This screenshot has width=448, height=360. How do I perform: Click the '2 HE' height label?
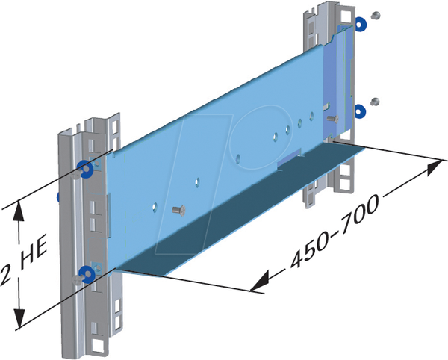pyautogui.click(x=23, y=261)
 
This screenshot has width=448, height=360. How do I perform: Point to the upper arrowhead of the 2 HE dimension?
pyautogui.click(x=19, y=211)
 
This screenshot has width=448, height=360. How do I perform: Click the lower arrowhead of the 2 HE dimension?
pyautogui.click(x=19, y=318)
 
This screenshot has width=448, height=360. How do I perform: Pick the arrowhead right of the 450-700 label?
pyautogui.click(x=434, y=167)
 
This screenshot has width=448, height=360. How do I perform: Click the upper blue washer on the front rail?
pyautogui.click(x=85, y=169)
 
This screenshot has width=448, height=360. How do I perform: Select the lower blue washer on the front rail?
pyautogui.click(x=87, y=274)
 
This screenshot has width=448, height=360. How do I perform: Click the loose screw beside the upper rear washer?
pyautogui.click(x=376, y=16)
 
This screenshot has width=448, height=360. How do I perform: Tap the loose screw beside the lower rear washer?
pyautogui.click(x=375, y=102)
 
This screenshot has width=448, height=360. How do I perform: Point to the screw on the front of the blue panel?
pyautogui.click(x=179, y=211)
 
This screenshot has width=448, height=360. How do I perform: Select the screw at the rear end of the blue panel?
pyautogui.click(x=332, y=119)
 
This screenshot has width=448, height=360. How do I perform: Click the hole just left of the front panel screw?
pyautogui.click(x=155, y=208)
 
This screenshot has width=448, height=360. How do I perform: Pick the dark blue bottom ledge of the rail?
pyautogui.click(x=240, y=208)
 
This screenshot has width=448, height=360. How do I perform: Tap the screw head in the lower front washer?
pyautogui.click(x=78, y=280)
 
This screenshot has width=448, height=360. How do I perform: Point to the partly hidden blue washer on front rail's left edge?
pyautogui.click(x=58, y=197)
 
